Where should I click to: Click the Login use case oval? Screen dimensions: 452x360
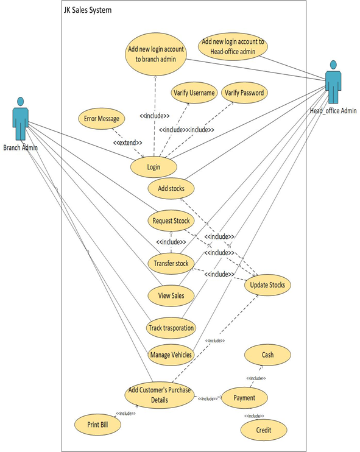(154, 166)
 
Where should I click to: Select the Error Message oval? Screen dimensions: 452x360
(102, 118)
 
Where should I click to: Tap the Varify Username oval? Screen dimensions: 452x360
(194, 93)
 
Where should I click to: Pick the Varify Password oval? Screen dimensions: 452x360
(244, 93)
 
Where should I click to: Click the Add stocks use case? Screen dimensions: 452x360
(171, 188)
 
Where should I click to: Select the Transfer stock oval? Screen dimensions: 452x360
(171, 263)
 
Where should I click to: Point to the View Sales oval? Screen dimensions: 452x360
(171, 295)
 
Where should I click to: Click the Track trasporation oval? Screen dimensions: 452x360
(171, 328)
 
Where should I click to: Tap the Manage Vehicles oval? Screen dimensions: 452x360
(171, 354)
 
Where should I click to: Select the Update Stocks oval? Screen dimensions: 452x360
(267, 284)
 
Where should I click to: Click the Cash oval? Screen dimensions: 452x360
(267, 355)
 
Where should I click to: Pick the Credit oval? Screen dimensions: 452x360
(263, 430)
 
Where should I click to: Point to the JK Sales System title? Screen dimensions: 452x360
(87, 10)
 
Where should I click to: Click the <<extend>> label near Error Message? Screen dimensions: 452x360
(127, 143)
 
